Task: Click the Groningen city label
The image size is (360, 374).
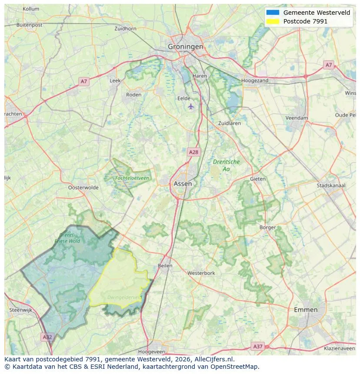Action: click(186, 46)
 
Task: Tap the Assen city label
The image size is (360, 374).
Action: click(183, 184)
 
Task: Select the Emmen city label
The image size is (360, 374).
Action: click(306, 310)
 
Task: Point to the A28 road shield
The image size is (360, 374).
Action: click(193, 152)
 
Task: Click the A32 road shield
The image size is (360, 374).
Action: click(47, 337)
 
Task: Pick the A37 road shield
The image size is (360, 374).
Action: click(258, 346)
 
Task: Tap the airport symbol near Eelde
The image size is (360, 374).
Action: click(190, 106)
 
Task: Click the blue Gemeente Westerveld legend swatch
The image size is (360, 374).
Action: click(273, 13)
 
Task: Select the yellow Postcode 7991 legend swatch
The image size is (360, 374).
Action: click(273, 21)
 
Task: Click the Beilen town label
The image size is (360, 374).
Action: click(165, 265)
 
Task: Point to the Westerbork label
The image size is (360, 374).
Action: click(201, 273)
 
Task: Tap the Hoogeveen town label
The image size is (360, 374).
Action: click(151, 351)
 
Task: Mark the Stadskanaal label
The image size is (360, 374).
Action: click(331, 185)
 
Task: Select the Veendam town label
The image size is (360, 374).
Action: click(297, 118)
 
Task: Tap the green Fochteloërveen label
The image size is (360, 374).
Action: click(132, 178)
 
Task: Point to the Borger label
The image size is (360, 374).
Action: click(267, 227)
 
